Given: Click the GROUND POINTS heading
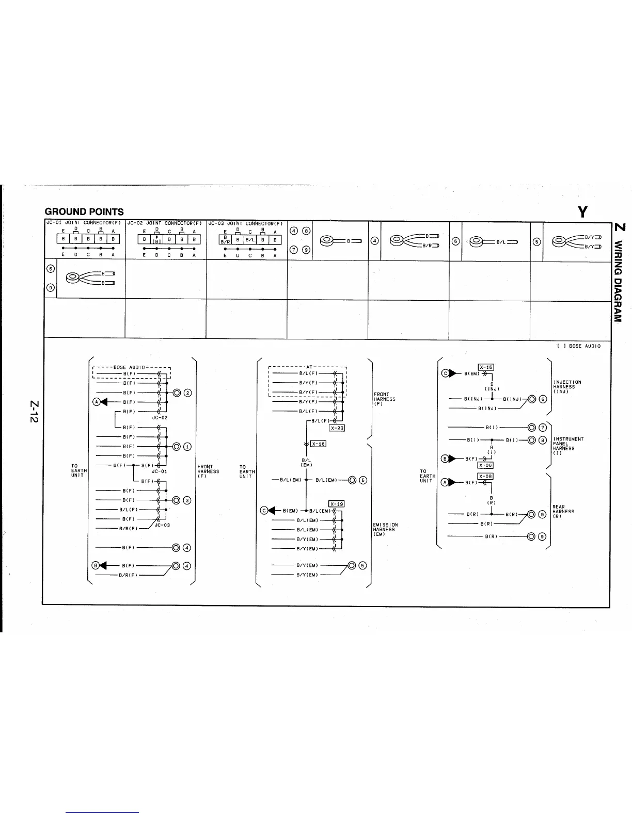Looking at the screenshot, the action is pos(84,211).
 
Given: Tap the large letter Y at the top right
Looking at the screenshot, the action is pos(583,211).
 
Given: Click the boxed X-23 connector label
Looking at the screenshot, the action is pos(337,428).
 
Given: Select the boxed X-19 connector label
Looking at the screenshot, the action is pos(336,504).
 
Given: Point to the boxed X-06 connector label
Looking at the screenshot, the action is pos(485,465).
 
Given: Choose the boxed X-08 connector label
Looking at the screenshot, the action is pos(485,476).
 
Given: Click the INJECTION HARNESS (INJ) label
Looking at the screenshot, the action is pos(566,387).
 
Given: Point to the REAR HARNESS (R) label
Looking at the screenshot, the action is pos(563,511).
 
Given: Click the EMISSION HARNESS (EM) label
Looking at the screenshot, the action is pos(385,529).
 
